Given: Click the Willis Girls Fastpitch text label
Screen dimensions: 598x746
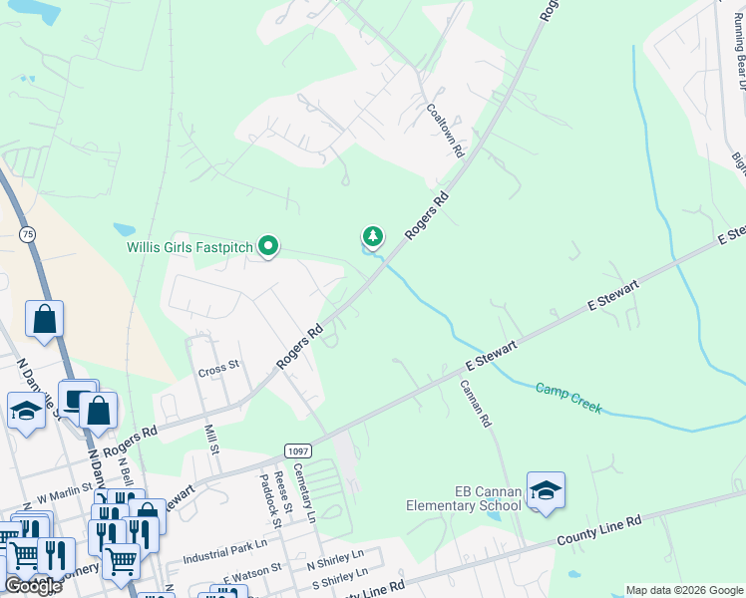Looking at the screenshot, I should coord(188,246).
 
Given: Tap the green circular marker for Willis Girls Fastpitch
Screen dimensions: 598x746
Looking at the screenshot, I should coord(267,245).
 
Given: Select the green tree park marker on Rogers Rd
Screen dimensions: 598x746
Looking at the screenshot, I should coord(372,236).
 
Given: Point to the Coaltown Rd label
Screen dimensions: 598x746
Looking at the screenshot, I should coord(445,131).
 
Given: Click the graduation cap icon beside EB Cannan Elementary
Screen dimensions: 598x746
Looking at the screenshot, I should coord(546,489).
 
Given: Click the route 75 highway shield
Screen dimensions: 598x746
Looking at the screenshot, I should coord(26,233).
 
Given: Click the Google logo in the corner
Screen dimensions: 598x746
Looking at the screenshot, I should coord(33,586).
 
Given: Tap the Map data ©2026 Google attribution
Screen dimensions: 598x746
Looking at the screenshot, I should coord(685,590).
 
